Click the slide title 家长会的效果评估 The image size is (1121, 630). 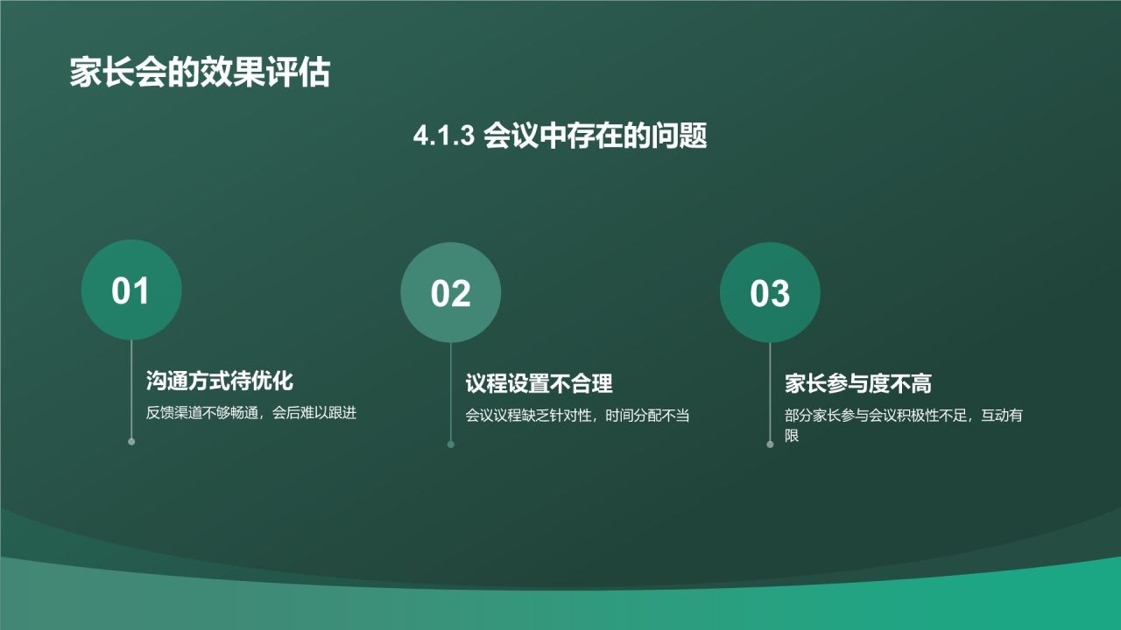pos(200,73)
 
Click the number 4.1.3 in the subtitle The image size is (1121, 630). pos(443,136)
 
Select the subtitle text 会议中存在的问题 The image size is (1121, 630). pos(596,136)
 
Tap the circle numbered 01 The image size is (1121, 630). pos(131,290)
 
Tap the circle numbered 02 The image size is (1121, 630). pos(451,293)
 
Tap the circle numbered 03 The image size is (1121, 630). pos(770,293)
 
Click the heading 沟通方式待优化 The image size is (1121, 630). pos(219,381)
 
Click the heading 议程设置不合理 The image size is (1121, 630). pos(539,383)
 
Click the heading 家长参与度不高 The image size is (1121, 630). pos(857,383)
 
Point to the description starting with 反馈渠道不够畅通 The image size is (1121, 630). pos(250,413)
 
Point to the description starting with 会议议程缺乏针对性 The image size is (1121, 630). pos(577,416)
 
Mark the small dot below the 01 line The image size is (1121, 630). pos(131,442)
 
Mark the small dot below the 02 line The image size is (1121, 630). pos(451,444)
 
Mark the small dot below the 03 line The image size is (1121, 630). pos(770,444)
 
